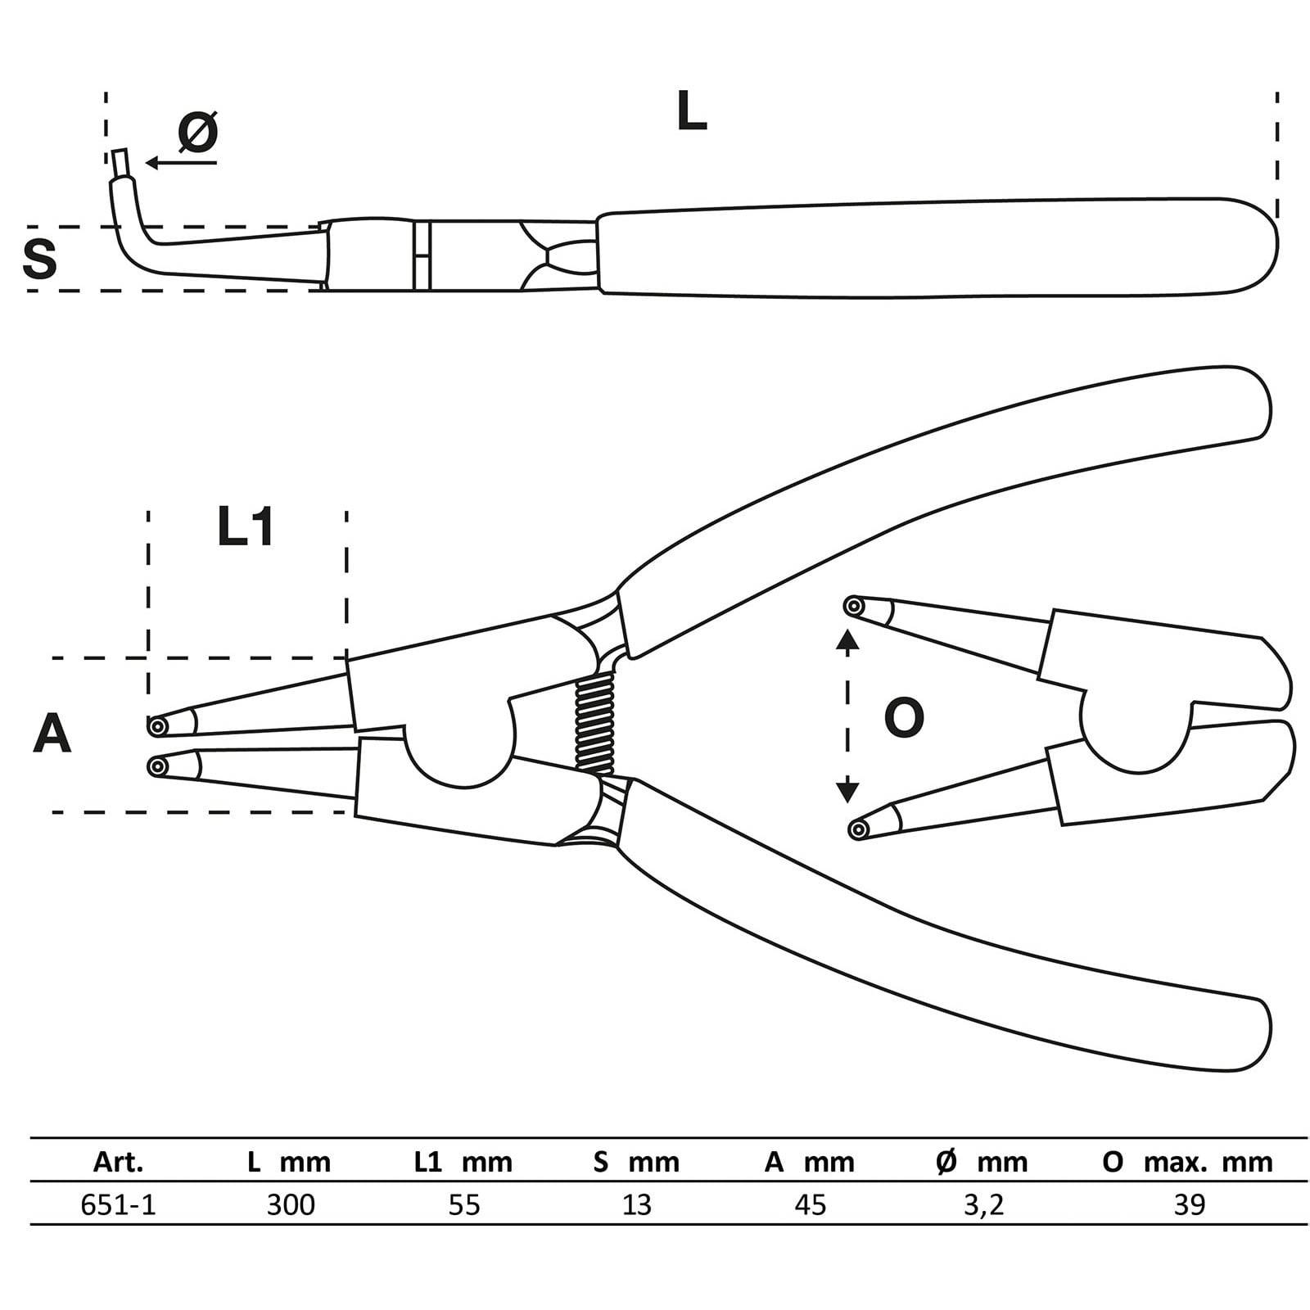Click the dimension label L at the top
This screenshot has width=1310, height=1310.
click(691, 112)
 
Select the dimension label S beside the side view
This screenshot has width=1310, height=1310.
click(39, 259)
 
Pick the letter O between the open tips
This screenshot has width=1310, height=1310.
click(904, 717)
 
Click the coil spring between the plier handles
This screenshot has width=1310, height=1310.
click(595, 726)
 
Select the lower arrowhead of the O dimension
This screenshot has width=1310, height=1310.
click(847, 792)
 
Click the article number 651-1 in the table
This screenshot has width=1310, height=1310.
click(119, 1204)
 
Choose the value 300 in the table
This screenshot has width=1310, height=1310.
click(291, 1204)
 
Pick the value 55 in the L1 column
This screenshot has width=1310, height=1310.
click(464, 1204)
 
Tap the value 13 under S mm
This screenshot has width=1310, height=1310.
click(637, 1204)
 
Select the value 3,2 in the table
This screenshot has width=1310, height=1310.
click(983, 1204)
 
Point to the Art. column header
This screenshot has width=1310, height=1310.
click(119, 1162)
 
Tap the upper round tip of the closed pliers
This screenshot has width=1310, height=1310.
click(156, 725)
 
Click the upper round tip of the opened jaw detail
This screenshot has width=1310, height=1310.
click(854, 607)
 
